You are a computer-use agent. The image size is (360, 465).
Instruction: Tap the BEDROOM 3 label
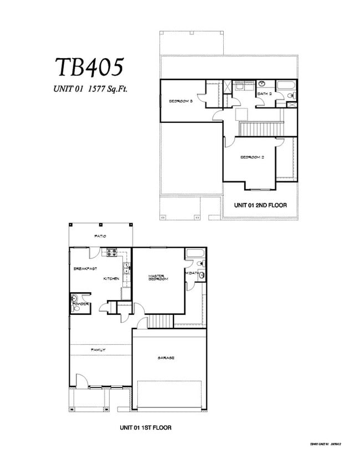pos(180,101)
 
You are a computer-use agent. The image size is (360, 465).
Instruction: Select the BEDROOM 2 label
pos(251,157)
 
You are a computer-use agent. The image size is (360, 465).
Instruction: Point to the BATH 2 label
pos(263,94)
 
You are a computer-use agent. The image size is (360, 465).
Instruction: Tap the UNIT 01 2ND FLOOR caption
pos(260,205)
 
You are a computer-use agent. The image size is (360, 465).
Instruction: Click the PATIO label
pos(100,236)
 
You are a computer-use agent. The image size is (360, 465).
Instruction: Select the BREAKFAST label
pos(85,268)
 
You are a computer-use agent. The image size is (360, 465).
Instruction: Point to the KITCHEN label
pos(111,278)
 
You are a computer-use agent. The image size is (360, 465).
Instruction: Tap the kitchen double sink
pos(126,269)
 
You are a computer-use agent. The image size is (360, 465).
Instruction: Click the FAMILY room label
pos(100,349)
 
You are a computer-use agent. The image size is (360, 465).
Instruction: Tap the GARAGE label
pos(166,358)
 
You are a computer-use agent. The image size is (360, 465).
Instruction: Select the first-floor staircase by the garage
pos(160,321)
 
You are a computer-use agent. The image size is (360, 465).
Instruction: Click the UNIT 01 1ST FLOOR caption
pos(148,428)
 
